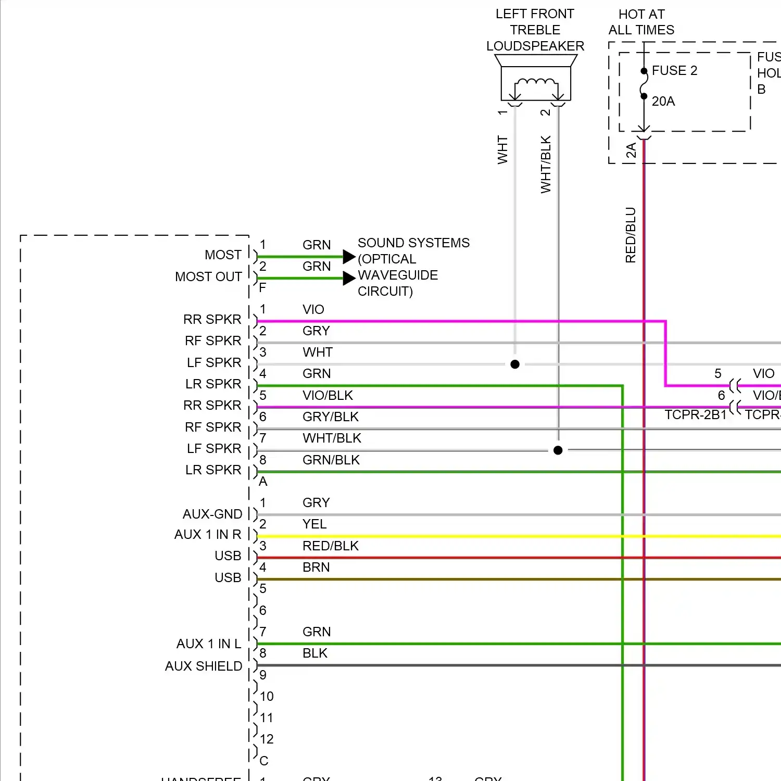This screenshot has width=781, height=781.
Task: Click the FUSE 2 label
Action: point(674,70)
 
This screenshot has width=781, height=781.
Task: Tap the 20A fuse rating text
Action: point(663,101)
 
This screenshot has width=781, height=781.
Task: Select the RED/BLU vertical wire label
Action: point(631,235)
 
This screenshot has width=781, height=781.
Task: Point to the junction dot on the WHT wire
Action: point(515,364)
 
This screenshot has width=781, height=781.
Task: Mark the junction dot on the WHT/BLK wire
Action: point(558,450)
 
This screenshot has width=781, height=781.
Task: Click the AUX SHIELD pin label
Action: point(204,666)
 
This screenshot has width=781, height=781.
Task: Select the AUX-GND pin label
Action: point(212,514)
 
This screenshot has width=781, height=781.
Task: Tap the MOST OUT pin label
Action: point(208,276)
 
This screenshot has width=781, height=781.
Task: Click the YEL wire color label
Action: point(314,524)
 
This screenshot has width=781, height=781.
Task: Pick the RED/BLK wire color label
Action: point(331,546)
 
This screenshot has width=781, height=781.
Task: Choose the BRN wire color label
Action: point(316,567)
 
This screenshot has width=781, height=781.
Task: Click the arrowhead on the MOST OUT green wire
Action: point(349,278)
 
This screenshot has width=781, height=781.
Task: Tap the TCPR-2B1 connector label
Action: point(695,414)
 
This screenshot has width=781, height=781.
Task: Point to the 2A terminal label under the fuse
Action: point(631,150)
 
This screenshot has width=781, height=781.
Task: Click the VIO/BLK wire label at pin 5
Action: point(327,395)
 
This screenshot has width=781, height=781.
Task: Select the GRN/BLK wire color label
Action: point(331,460)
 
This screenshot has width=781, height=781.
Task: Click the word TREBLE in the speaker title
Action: point(535,30)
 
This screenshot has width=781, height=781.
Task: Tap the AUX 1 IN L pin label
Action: point(209,644)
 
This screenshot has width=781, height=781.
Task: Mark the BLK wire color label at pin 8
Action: point(315,653)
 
